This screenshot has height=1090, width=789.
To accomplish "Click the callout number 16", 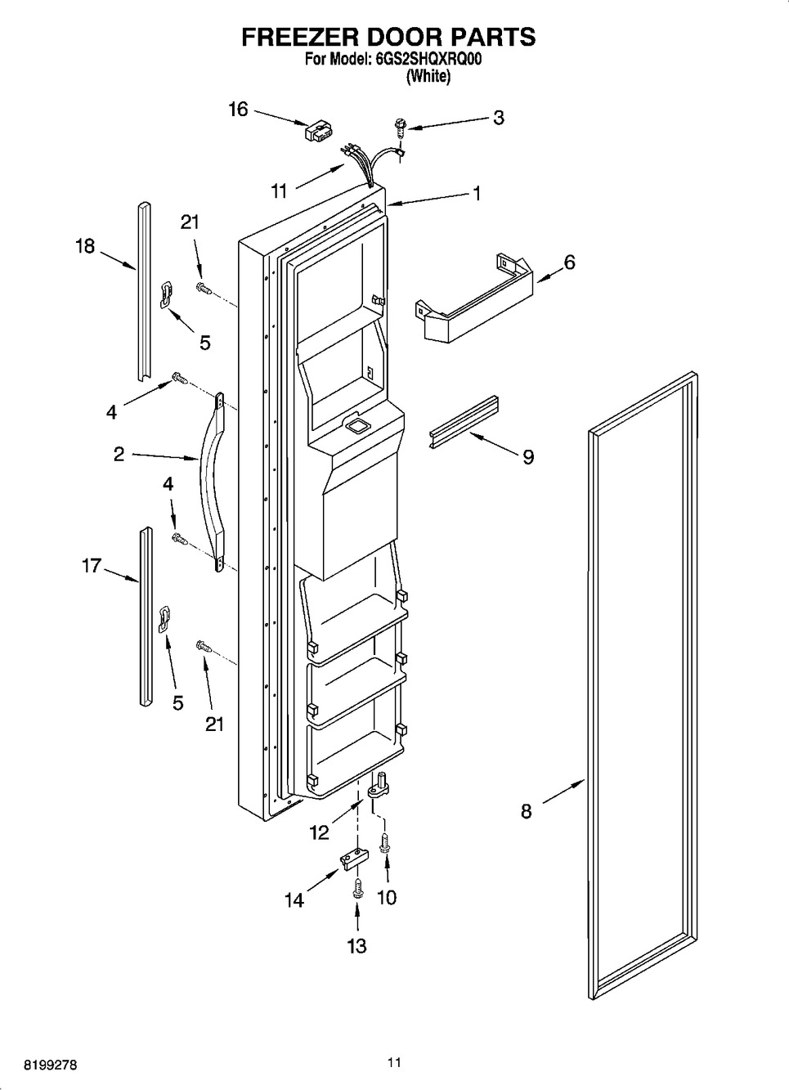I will (x=238, y=109).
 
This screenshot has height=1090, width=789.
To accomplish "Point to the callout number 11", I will (x=280, y=191).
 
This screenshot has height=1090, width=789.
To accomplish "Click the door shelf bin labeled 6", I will (x=473, y=298).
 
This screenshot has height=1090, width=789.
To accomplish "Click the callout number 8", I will (x=526, y=811).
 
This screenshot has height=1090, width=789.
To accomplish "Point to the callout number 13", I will (x=356, y=946).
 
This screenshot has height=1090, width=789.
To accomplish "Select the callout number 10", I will (x=387, y=897).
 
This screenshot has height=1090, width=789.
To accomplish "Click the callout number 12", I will (x=319, y=832).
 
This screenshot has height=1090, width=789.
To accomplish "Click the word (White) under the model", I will (x=428, y=77).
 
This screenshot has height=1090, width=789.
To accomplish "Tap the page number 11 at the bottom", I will (x=394, y=1063).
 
